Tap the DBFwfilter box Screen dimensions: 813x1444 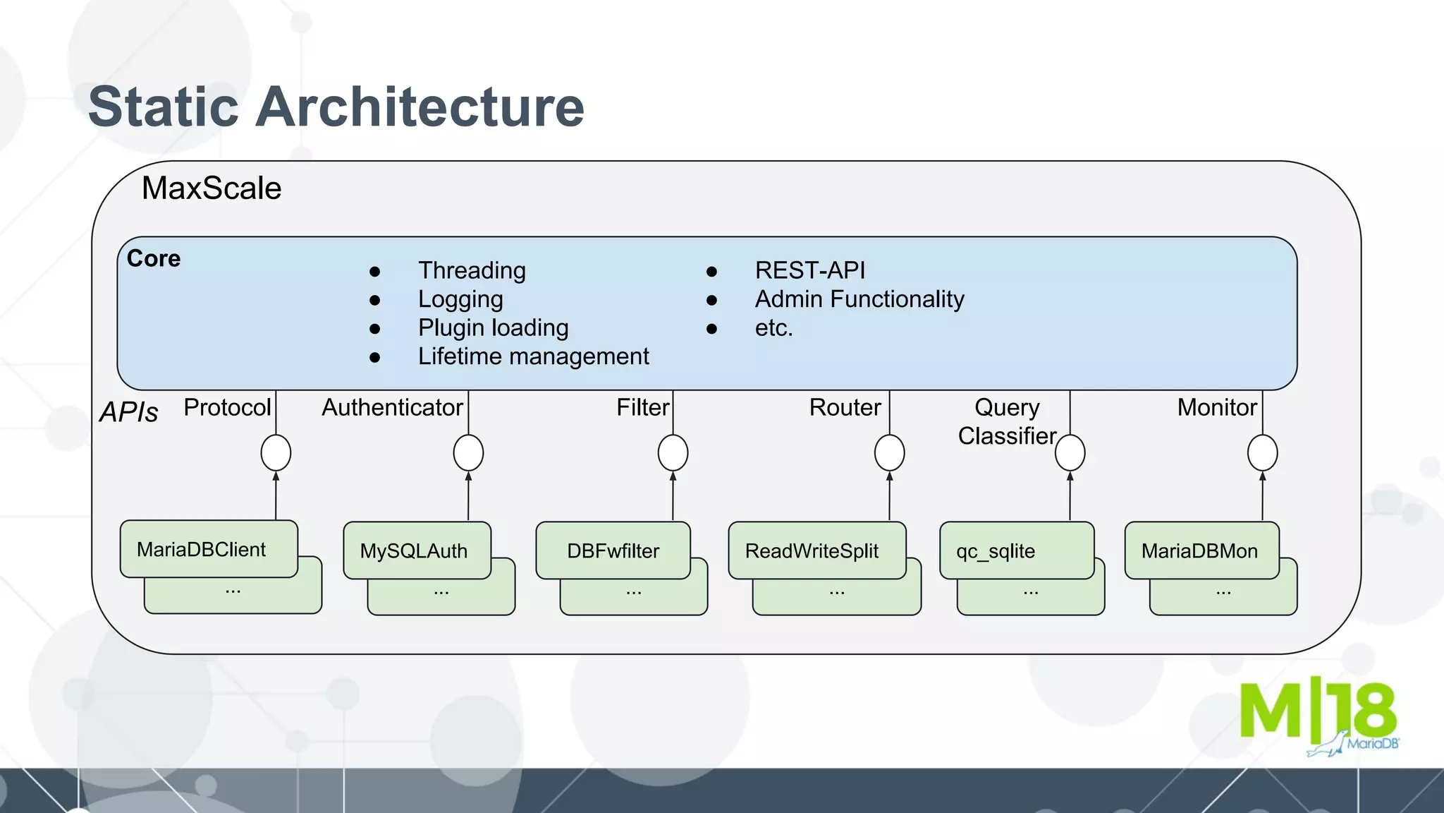pyautogui.click(x=613, y=550)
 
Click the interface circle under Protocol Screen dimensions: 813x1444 pyautogui.click(x=276, y=452)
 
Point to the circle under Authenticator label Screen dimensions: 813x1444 pyautogui.click(x=468, y=452)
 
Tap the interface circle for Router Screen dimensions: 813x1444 pyautogui.click(x=889, y=452)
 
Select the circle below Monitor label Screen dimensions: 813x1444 pyautogui.click(x=1262, y=452)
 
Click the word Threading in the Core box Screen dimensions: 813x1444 pyautogui.click(x=472, y=270)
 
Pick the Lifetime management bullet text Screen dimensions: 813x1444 pyautogui.click(x=533, y=356)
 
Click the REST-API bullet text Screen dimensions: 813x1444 pyautogui.click(x=809, y=270)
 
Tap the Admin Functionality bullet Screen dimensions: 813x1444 pyautogui.click(x=859, y=299)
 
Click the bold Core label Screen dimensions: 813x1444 pyautogui.click(x=154, y=258)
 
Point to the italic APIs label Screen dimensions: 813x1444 pyautogui.click(x=129, y=412)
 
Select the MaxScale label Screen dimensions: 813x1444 pyautogui.click(x=212, y=188)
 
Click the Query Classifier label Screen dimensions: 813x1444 pyautogui.click(x=1007, y=422)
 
